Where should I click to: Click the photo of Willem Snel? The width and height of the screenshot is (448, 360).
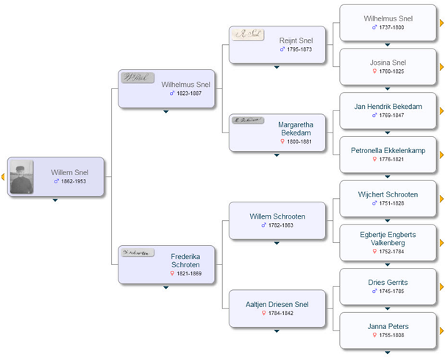click(21, 177)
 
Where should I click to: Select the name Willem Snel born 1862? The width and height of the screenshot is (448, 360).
click(69, 172)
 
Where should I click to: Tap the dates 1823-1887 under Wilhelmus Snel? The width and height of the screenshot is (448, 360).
click(185, 93)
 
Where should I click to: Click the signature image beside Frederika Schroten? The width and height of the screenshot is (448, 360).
click(138, 253)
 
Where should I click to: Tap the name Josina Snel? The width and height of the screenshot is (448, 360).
click(388, 63)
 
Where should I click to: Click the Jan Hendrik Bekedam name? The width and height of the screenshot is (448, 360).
click(388, 107)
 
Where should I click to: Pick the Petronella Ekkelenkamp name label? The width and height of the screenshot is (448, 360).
click(388, 150)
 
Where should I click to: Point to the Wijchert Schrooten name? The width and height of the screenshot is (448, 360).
click(388, 194)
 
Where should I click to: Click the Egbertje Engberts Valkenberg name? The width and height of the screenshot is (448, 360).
click(388, 239)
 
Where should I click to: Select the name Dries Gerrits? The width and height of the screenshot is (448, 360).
click(388, 282)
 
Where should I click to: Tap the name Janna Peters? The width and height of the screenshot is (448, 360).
click(388, 326)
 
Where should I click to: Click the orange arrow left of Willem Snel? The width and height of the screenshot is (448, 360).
click(3, 177)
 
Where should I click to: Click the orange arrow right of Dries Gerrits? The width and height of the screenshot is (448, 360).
click(441, 286)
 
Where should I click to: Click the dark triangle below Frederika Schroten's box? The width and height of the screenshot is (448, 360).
click(166, 288)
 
